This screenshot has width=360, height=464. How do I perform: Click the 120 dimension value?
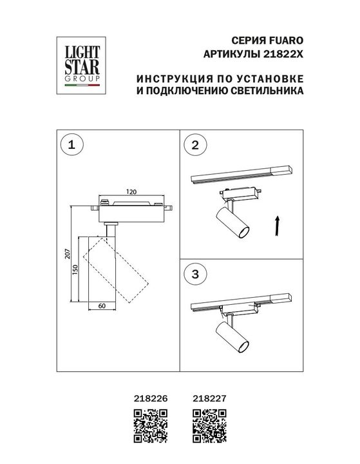click(x=131, y=191)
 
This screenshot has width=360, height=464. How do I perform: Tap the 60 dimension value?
click(x=102, y=307)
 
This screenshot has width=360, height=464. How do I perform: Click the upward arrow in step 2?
click(x=278, y=227)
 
